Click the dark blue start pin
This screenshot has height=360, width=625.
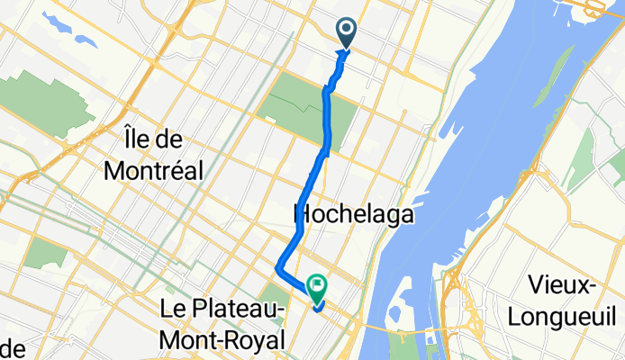348,33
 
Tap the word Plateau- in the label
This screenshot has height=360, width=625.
234,310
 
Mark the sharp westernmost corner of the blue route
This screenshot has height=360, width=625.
276,269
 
